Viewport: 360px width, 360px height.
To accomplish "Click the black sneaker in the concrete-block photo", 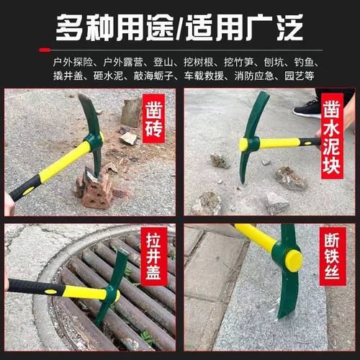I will coord(307,108).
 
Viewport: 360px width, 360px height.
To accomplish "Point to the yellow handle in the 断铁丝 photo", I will coord(256,238).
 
